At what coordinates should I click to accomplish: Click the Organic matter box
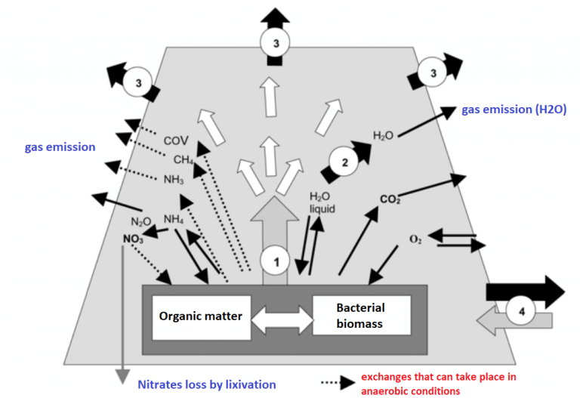(x=201, y=316)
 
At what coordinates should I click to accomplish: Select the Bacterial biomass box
(x=360, y=316)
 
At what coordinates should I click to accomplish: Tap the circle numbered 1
(x=276, y=262)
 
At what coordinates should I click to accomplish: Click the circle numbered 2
(x=345, y=162)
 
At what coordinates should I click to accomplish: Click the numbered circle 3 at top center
(x=276, y=44)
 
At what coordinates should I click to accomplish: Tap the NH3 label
(x=174, y=180)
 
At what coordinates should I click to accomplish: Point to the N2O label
(x=141, y=222)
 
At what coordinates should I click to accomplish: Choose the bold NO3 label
(x=134, y=239)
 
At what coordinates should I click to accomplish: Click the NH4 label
(x=175, y=220)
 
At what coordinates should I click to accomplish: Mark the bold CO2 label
(x=390, y=199)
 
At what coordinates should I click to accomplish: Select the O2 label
(x=415, y=239)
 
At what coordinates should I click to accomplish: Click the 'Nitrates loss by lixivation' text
(x=206, y=384)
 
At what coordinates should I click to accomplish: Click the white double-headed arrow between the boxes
(x=281, y=318)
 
